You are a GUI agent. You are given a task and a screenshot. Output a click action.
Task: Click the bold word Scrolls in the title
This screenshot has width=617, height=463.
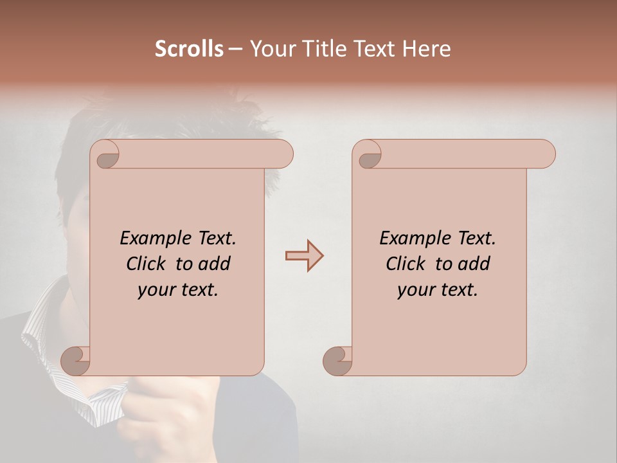point(189,49)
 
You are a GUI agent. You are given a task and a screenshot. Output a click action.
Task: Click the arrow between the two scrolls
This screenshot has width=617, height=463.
point(304,256)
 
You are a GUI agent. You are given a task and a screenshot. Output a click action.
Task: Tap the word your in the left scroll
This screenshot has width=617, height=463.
point(156,290)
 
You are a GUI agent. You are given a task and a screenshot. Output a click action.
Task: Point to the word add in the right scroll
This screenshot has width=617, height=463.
point(474,264)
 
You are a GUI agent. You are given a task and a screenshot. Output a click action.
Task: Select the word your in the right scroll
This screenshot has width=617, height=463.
point(415,290)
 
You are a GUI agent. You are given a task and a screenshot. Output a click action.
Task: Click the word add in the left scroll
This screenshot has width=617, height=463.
point(215,264)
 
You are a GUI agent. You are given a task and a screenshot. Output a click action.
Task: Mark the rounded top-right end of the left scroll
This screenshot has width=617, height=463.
point(283,154)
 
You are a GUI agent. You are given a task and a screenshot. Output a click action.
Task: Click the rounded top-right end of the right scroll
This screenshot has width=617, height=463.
point(545,154)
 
